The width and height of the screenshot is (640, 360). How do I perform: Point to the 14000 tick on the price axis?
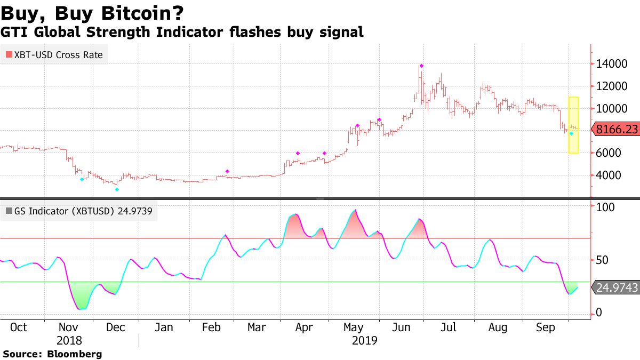point(612,64)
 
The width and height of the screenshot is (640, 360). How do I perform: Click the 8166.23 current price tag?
point(615,129)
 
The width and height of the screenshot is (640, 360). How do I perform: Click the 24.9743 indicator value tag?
point(615,288)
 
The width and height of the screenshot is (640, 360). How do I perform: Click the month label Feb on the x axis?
point(212,327)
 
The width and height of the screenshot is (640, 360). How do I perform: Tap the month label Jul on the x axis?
point(449,327)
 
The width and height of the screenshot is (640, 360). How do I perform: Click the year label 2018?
point(69,340)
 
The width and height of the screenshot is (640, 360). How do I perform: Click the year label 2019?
point(364,340)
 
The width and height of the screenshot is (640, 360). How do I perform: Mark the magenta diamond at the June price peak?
point(421,66)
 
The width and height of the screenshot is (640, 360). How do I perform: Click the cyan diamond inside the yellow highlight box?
point(571,133)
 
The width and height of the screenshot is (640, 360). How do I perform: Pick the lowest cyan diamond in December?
point(117,189)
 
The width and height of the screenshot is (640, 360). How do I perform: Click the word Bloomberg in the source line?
point(75,354)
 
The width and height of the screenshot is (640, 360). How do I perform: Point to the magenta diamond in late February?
point(227,171)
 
